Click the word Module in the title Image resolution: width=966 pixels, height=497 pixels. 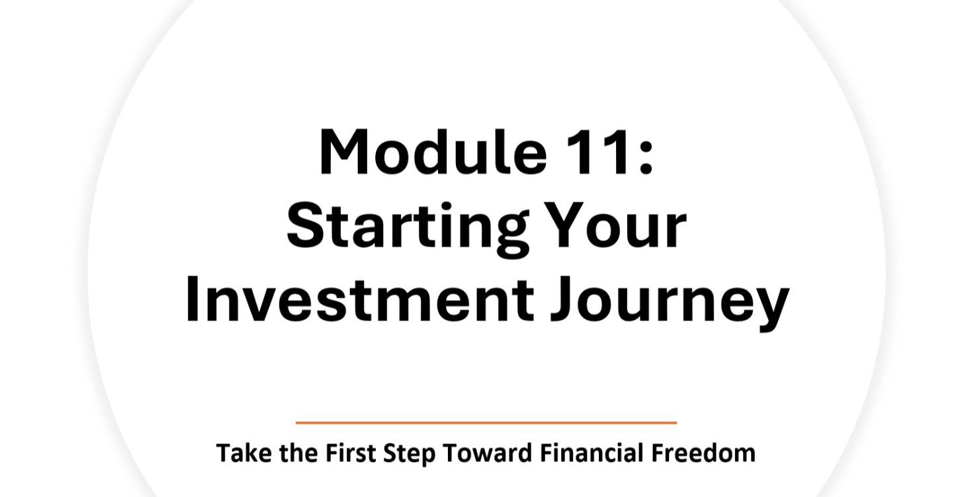[433, 153]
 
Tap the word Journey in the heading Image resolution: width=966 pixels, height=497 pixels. [671, 301]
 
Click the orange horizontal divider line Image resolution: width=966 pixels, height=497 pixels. [486, 422]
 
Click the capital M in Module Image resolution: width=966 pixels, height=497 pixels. [343, 153]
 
